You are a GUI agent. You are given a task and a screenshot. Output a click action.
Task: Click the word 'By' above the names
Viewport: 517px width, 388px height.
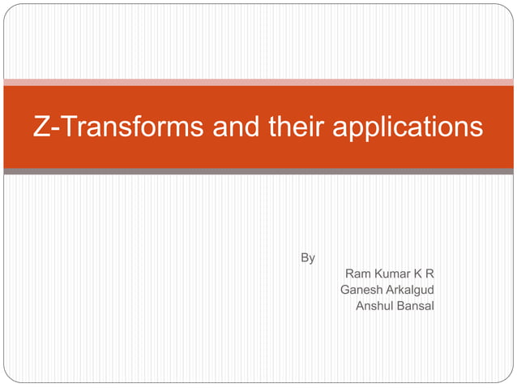[x=308, y=258]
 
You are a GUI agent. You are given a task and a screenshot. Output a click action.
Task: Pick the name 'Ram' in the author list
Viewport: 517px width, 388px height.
[x=357, y=274]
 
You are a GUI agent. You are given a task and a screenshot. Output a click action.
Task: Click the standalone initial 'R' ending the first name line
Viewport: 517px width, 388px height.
[x=430, y=274]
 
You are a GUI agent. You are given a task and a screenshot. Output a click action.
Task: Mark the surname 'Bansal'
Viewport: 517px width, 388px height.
[x=416, y=305]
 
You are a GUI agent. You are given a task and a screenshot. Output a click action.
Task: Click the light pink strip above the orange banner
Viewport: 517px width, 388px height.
[x=258, y=82]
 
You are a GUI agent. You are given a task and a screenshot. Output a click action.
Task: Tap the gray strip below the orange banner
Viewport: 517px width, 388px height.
[x=258, y=171]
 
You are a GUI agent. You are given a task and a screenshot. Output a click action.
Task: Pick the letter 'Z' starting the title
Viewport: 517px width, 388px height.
[x=41, y=127]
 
